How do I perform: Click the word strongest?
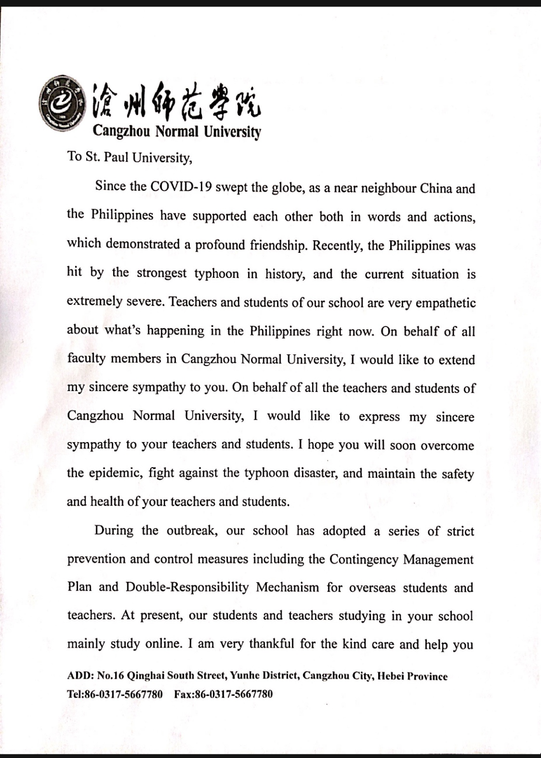tap(161, 273)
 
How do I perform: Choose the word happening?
tap(175, 331)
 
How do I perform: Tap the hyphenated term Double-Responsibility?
tap(187, 587)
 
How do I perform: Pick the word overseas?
tap(372, 588)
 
